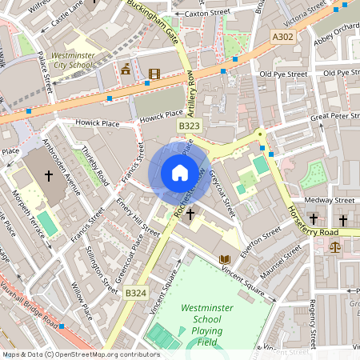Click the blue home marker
pos(180,173)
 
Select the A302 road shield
pos(282,37)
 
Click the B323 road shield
pos(189,126)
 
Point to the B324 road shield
pos(135,294)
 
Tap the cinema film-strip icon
pos(154,74)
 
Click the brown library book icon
pos(225,259)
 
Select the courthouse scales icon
pos(334,246)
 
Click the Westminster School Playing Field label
pos(208,323)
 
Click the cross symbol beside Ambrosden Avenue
pos(48,174)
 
